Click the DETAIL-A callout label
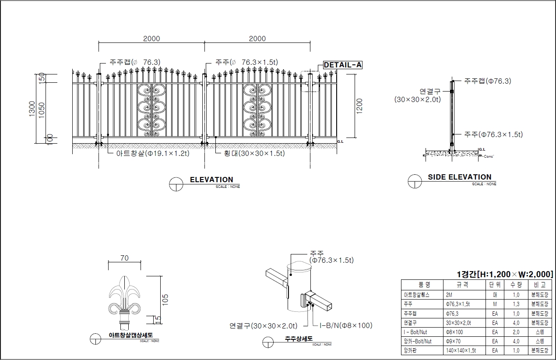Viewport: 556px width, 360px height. [x=343, y=65]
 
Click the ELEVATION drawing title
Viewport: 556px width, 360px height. [x=211, y=180]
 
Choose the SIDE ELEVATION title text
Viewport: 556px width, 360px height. [x=460, y=177]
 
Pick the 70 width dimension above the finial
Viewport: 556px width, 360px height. [x=124, y=258]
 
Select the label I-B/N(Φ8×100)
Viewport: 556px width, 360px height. [x=346, y=325]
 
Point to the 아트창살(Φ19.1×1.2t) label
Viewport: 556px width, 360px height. [x=153, y=153]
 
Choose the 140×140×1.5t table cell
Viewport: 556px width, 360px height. [x=461, y=350]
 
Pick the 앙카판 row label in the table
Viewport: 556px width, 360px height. [x=412, y=350]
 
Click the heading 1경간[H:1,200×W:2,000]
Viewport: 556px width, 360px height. [x=504, y=275]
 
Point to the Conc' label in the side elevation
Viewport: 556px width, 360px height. [x=489, y=156]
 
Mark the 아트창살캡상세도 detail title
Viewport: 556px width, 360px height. [x=130, y=335]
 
